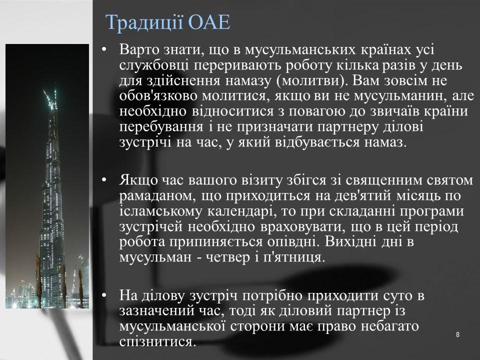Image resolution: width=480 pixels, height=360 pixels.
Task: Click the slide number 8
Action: click(457, 334)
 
